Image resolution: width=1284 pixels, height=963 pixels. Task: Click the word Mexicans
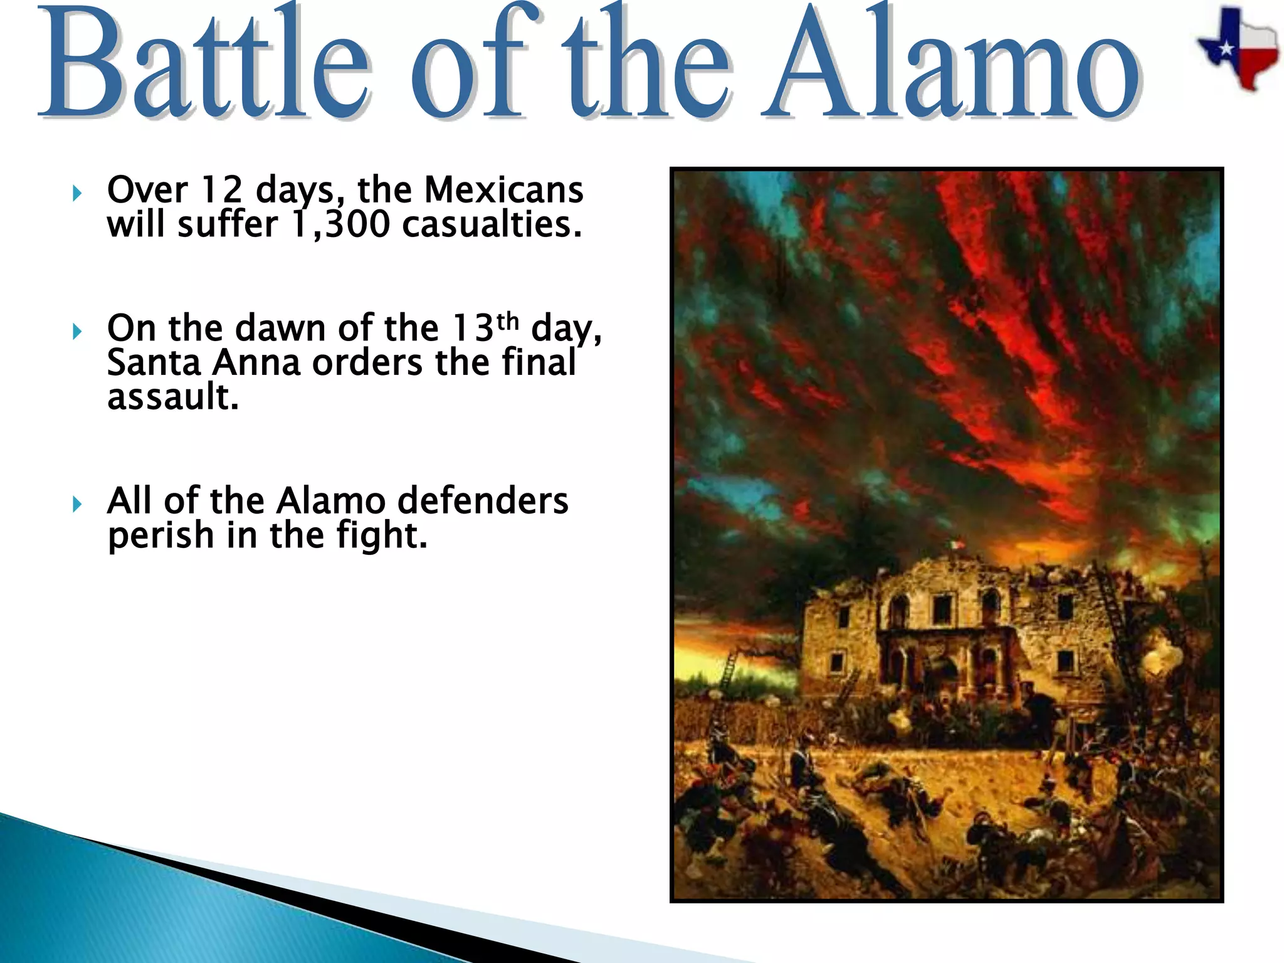pos(503,189)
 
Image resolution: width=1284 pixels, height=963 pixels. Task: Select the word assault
pos(173,397)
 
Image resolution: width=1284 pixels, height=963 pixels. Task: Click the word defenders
pos(483,500)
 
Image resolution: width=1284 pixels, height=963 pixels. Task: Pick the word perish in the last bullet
pos(161,535)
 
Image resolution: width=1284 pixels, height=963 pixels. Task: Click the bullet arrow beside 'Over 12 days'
pos(76,193)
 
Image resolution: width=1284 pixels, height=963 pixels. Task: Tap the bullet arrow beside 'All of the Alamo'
pos(76,504)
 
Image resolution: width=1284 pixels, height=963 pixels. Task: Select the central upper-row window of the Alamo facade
pos(941,607)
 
